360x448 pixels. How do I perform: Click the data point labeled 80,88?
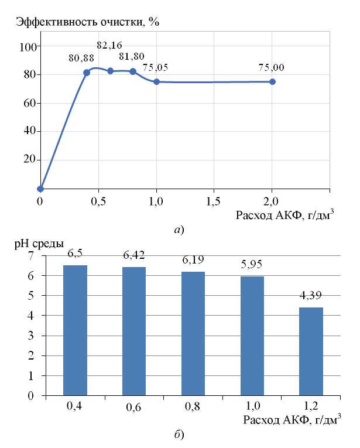pos(87,73)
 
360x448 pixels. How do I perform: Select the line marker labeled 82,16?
pos(110,71)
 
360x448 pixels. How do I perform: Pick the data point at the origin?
pos(40,189)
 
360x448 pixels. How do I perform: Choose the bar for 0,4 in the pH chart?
pos(75,330)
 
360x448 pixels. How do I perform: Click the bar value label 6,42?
pos(133,257)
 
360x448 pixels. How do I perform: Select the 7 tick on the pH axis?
pos(32,256)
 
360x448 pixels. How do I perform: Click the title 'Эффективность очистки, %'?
pos(88,22)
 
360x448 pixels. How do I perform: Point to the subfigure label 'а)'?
pos(179,230)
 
